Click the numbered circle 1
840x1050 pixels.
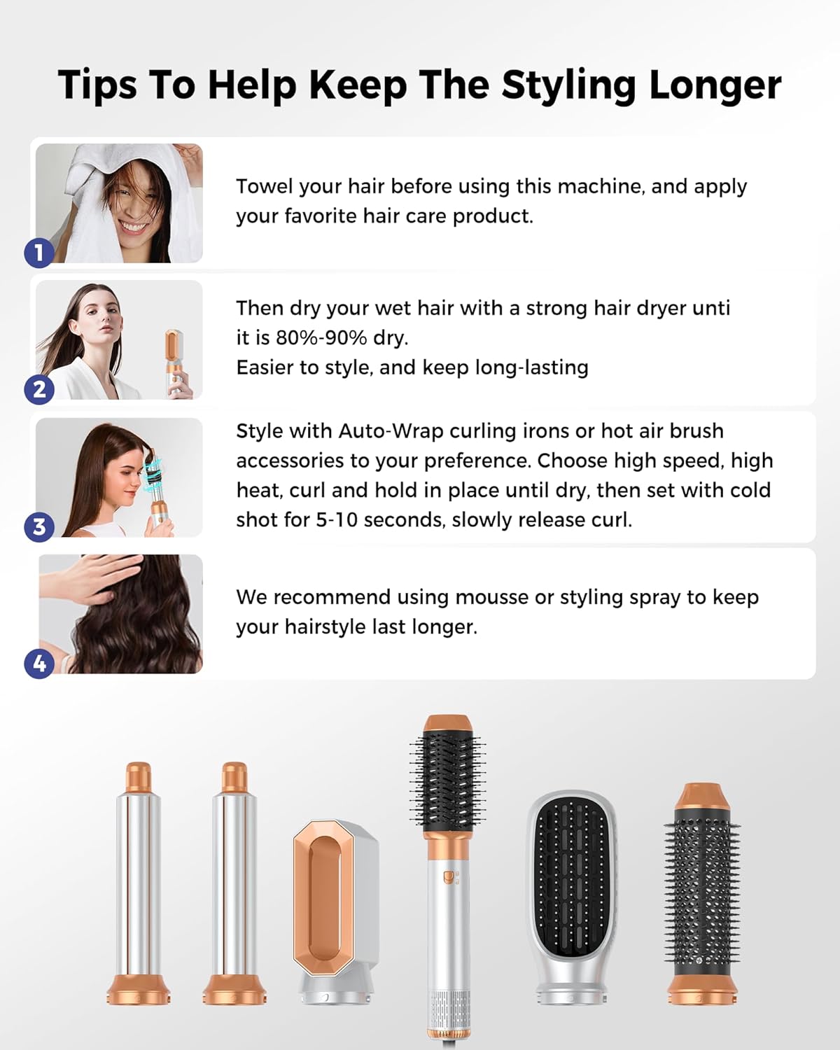tap(39, 253)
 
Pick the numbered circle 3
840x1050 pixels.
tap(39, 527)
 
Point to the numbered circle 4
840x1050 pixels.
tap(39, 664)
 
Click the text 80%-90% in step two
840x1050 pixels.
tap(321, 337)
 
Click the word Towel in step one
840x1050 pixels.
tap(264, 186)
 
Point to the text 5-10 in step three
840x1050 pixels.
tap(337, 520)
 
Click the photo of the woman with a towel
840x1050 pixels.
tap(119, 203)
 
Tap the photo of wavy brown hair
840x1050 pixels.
tap(120, 614)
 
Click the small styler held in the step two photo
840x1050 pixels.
tap(176, 363)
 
